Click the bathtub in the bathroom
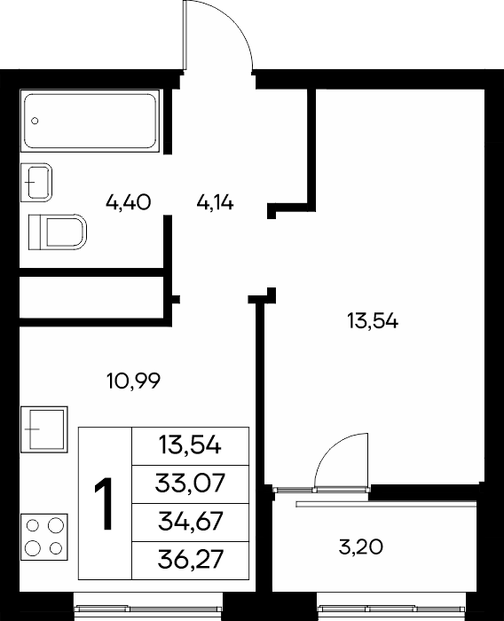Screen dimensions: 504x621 pos(90,121)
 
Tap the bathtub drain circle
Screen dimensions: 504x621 pos(35,121)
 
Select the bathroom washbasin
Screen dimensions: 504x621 pos(36,182)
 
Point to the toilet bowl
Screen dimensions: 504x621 pos(58,232)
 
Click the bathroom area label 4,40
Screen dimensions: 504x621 pos(129,202)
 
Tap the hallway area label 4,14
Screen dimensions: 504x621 pos(215,203)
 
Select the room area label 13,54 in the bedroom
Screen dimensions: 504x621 pos(373,321)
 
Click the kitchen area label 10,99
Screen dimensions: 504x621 pos(133,381)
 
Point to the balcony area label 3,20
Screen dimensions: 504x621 pos(361,547)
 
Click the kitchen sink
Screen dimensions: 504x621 pos(44,429)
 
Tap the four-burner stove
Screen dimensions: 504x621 pos(44,538)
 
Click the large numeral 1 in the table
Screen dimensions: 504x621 pos(104,504)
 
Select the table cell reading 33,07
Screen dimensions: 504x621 pos(190,483)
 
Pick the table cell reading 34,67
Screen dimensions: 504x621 pos(190,522)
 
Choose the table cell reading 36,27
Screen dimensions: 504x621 pos(190,560)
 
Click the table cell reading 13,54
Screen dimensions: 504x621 pos(190,445)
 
